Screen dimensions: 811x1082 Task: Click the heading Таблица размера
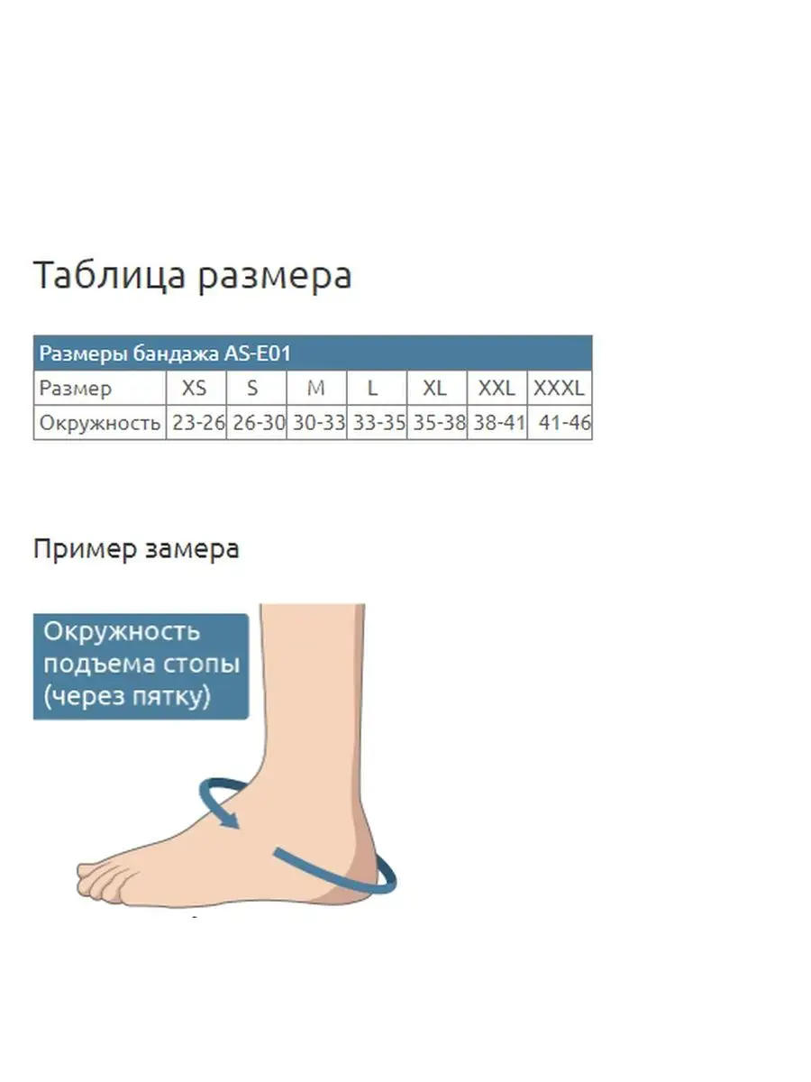click(x=192, y=276)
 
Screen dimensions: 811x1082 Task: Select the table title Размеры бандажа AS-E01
click(x=165, y=353)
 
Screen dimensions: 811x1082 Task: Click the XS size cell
click(x=195, y=388)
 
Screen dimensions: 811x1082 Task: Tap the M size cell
click(x=315, y=388)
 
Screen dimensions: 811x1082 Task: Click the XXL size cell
click(x=497, y=388)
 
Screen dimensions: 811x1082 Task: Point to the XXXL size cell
click(x=559, y=388)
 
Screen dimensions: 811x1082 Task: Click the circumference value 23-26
click(x=198, y=423)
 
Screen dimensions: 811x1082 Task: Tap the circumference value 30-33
click(x=319, y=423)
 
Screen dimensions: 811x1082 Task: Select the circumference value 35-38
click(x=439, y=423)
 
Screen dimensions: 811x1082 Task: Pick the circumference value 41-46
click(x=565, y=423)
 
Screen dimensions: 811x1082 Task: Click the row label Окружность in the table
click(x=100, y=423)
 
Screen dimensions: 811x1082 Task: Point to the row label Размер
click(x=76, y=389)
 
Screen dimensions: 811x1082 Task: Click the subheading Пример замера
click(x=136, y=548)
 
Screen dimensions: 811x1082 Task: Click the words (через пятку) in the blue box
click(x=127, y=696)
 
